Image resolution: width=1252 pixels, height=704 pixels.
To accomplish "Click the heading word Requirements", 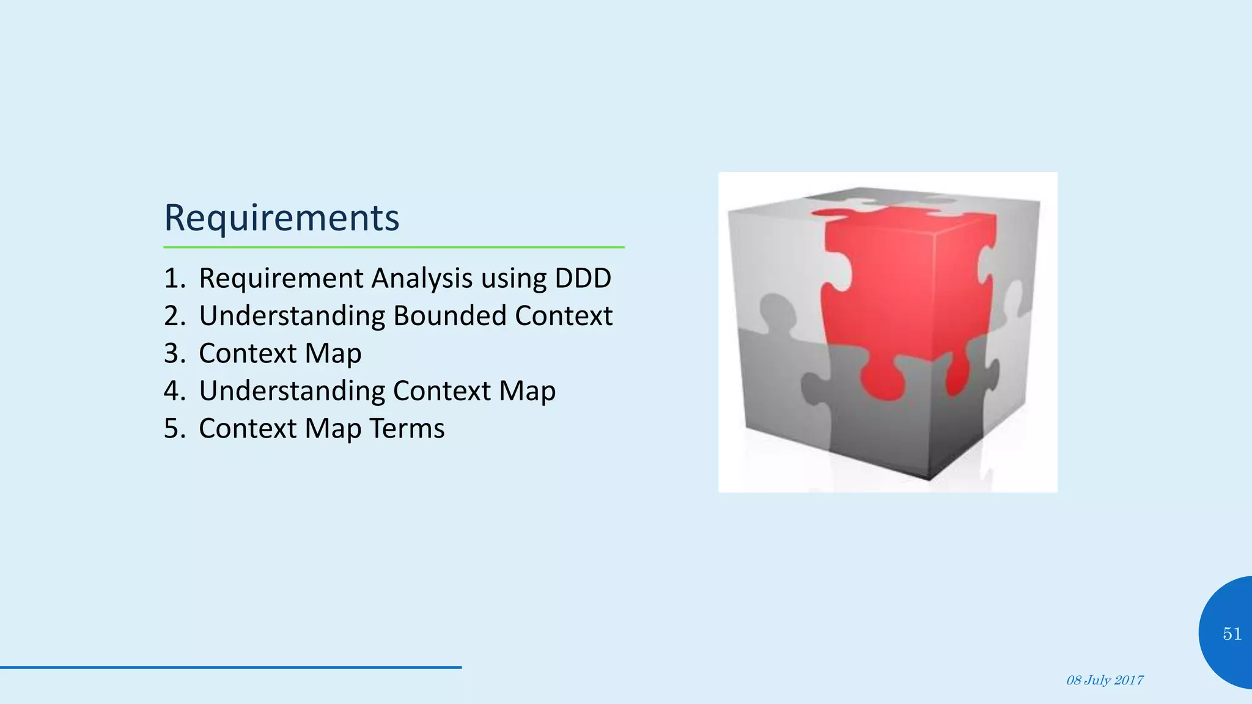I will pos(281,218).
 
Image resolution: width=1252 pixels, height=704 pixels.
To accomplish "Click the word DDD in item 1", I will pos(583,278).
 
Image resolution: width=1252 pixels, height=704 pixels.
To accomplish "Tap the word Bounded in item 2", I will pos(449,316).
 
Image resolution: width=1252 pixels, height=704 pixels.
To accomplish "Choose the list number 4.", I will pos(172,391).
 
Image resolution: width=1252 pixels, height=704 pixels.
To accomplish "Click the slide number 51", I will pos(1232,634).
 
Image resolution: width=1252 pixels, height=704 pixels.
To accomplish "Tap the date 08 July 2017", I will pos(1105,681).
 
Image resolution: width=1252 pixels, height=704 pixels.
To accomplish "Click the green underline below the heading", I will pos(394,248).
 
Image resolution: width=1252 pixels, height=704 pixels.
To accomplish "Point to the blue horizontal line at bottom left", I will pos(230,667).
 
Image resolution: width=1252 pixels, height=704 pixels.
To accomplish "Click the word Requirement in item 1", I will pos(281,278).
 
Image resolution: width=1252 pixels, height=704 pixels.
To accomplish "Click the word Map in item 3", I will pos(333,354).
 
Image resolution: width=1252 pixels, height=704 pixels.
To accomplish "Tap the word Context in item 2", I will pos(563,316).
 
